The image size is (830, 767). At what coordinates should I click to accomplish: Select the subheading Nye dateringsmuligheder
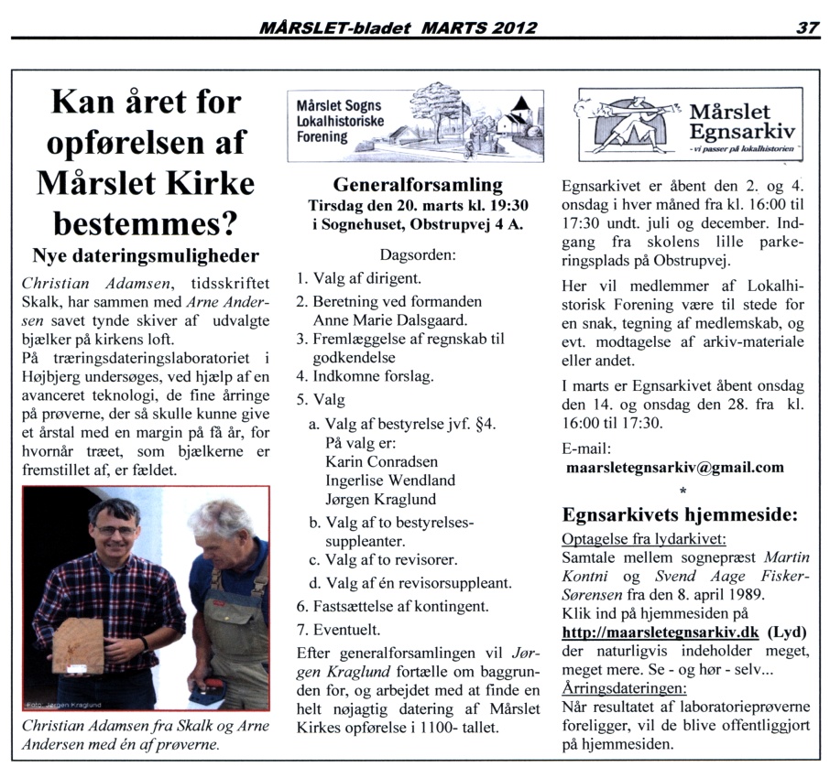pyautogui.click(x=145, y=255)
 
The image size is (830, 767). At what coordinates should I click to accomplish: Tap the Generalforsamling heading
pyautogui.click(x=418, y=183)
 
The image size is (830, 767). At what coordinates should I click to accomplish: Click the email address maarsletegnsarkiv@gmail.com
pyautogui.click(x=675, y=467)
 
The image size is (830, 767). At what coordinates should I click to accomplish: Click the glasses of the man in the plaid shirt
pyautogui.click(x=115, y=528)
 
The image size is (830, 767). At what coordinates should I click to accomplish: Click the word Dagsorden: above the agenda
pyautogui.click(x=416, y=255)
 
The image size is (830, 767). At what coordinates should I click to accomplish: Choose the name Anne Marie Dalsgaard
pyautogui.click(x=393, y=320)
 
